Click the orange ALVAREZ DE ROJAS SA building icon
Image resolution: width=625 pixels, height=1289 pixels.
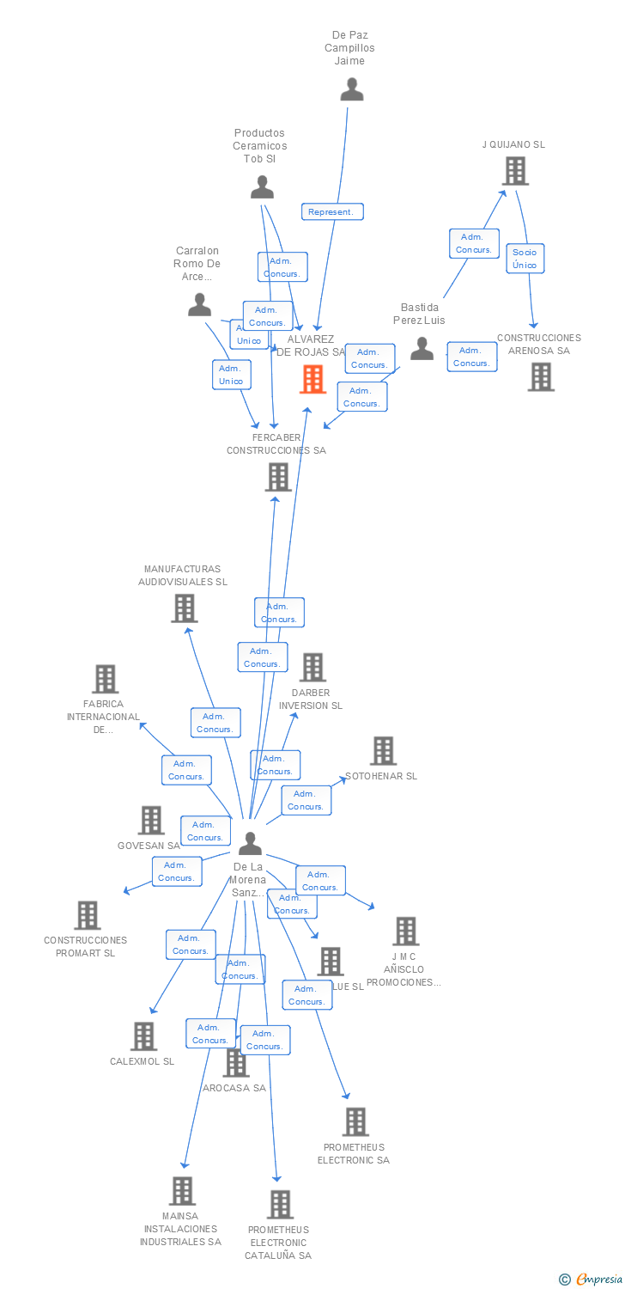[x=312, y=379]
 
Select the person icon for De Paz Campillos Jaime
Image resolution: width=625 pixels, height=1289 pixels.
[x=352, y=89]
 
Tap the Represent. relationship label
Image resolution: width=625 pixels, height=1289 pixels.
[x=332, y=211]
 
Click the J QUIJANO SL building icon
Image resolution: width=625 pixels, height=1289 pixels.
[x=515, y=171]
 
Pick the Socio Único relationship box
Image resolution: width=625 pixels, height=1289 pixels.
[x=525, y=258]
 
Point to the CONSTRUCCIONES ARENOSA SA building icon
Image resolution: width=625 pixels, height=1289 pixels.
[x=541, y=376]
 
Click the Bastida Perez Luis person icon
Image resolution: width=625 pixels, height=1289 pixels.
[x=422, y=348]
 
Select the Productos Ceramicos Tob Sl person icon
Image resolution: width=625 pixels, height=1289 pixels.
[x=262, y=186]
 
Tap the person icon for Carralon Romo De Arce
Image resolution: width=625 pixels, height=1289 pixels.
[x=199, y=304]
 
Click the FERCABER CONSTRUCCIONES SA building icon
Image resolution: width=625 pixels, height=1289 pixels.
[x=278, y=477]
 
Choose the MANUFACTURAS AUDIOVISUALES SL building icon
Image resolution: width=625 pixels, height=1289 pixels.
[x=184, y=608]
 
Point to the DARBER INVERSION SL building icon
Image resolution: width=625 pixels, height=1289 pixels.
[x=312, y=667]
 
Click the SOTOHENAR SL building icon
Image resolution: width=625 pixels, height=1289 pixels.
[x=383, y=750]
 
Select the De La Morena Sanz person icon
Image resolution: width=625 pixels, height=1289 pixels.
[x=250, y=843]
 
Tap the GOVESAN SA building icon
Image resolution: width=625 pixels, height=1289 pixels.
[x=151, y=821]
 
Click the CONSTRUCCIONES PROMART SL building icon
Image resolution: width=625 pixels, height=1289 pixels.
[x=87, y=915]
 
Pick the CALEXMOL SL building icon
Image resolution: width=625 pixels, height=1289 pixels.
[x=143, y=1036]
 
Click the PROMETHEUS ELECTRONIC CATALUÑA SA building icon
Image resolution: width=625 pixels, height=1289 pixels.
[x=280, y=1205]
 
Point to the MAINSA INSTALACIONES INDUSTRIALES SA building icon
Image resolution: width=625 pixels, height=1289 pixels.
[x=181, y=1191]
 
